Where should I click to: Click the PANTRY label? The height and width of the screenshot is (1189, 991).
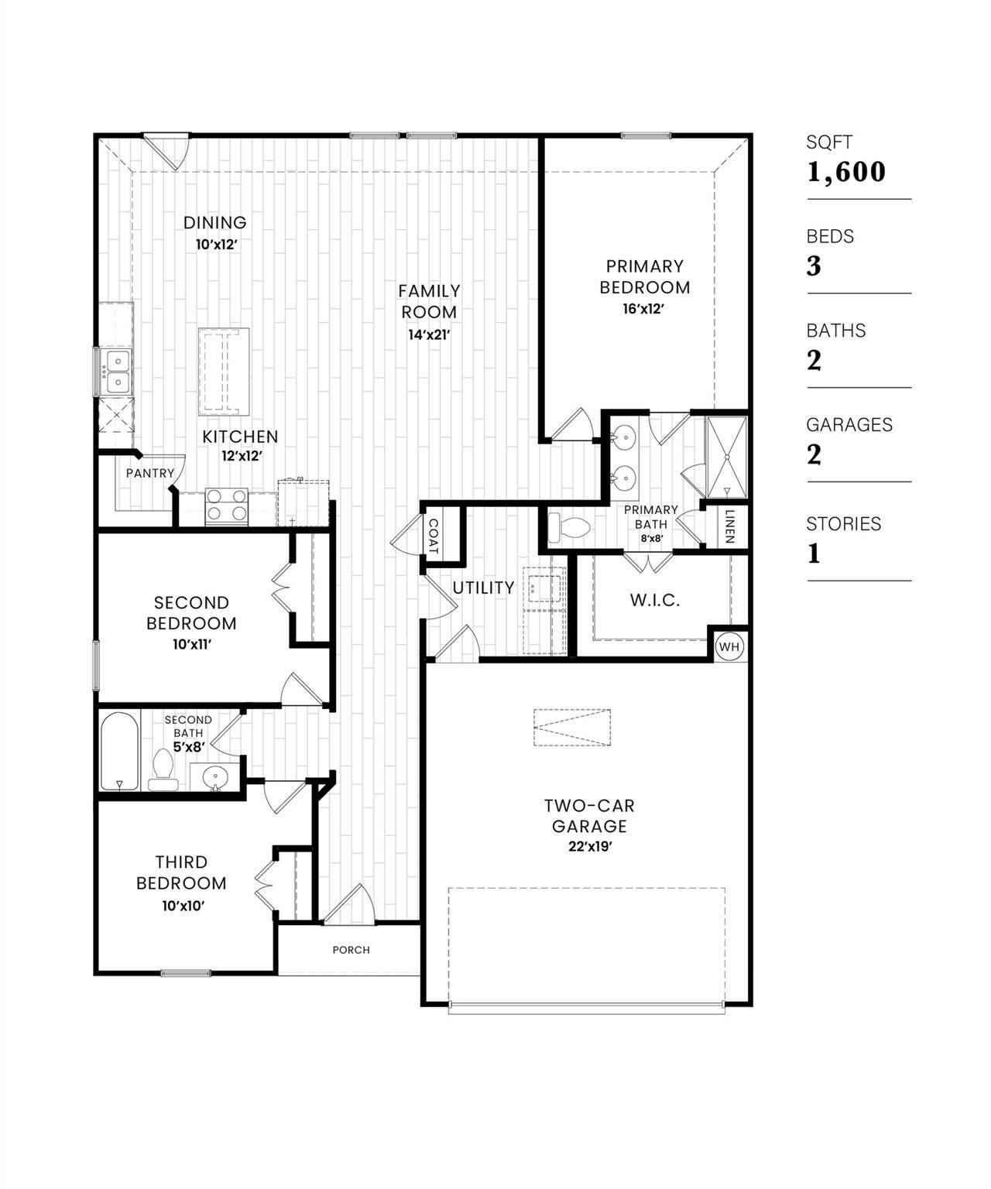tap(149, 473)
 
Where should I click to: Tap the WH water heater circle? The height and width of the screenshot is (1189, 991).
tap(729, 646)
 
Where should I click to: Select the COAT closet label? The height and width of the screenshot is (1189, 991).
tap(432, 535)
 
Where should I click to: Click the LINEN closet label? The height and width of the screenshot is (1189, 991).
tap(729, 526)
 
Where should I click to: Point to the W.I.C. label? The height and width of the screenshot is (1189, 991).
tap(654, 600)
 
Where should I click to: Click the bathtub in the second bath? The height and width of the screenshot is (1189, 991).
tap(119, 751)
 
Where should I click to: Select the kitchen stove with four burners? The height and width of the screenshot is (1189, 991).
tap(226, 507)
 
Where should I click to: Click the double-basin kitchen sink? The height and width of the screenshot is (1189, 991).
tap(117, 372)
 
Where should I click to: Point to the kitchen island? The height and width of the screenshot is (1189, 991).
tap(224, 372)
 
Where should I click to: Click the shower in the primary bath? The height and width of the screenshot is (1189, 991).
tap(726, 457)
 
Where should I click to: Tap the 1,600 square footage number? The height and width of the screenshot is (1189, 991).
tap(845, 172)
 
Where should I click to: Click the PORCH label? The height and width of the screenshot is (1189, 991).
tap(351, 950)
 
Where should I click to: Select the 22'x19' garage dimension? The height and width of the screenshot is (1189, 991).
tap(590, 847)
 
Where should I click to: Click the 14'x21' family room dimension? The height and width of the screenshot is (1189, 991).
tap(429, 335)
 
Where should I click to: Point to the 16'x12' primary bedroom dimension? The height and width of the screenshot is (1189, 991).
tap(644, 308)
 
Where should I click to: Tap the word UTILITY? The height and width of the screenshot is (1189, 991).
tap(483, 588)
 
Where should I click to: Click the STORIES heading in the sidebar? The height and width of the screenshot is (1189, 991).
tap(843, 524)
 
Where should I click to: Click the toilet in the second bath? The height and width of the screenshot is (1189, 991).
tap(163, 768)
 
